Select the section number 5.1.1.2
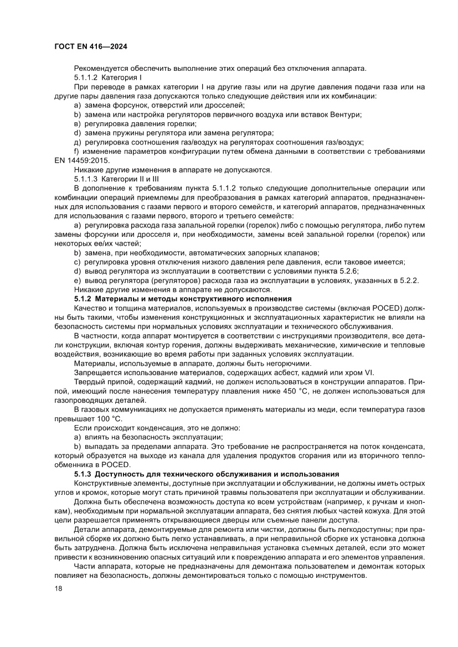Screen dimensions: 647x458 click(x=85, y=77)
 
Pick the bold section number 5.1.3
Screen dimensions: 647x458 click(x=84, y=474)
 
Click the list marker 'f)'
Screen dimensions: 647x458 click(x=77, y=151)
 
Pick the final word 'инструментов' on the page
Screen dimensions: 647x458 click(x=341, y=575)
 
